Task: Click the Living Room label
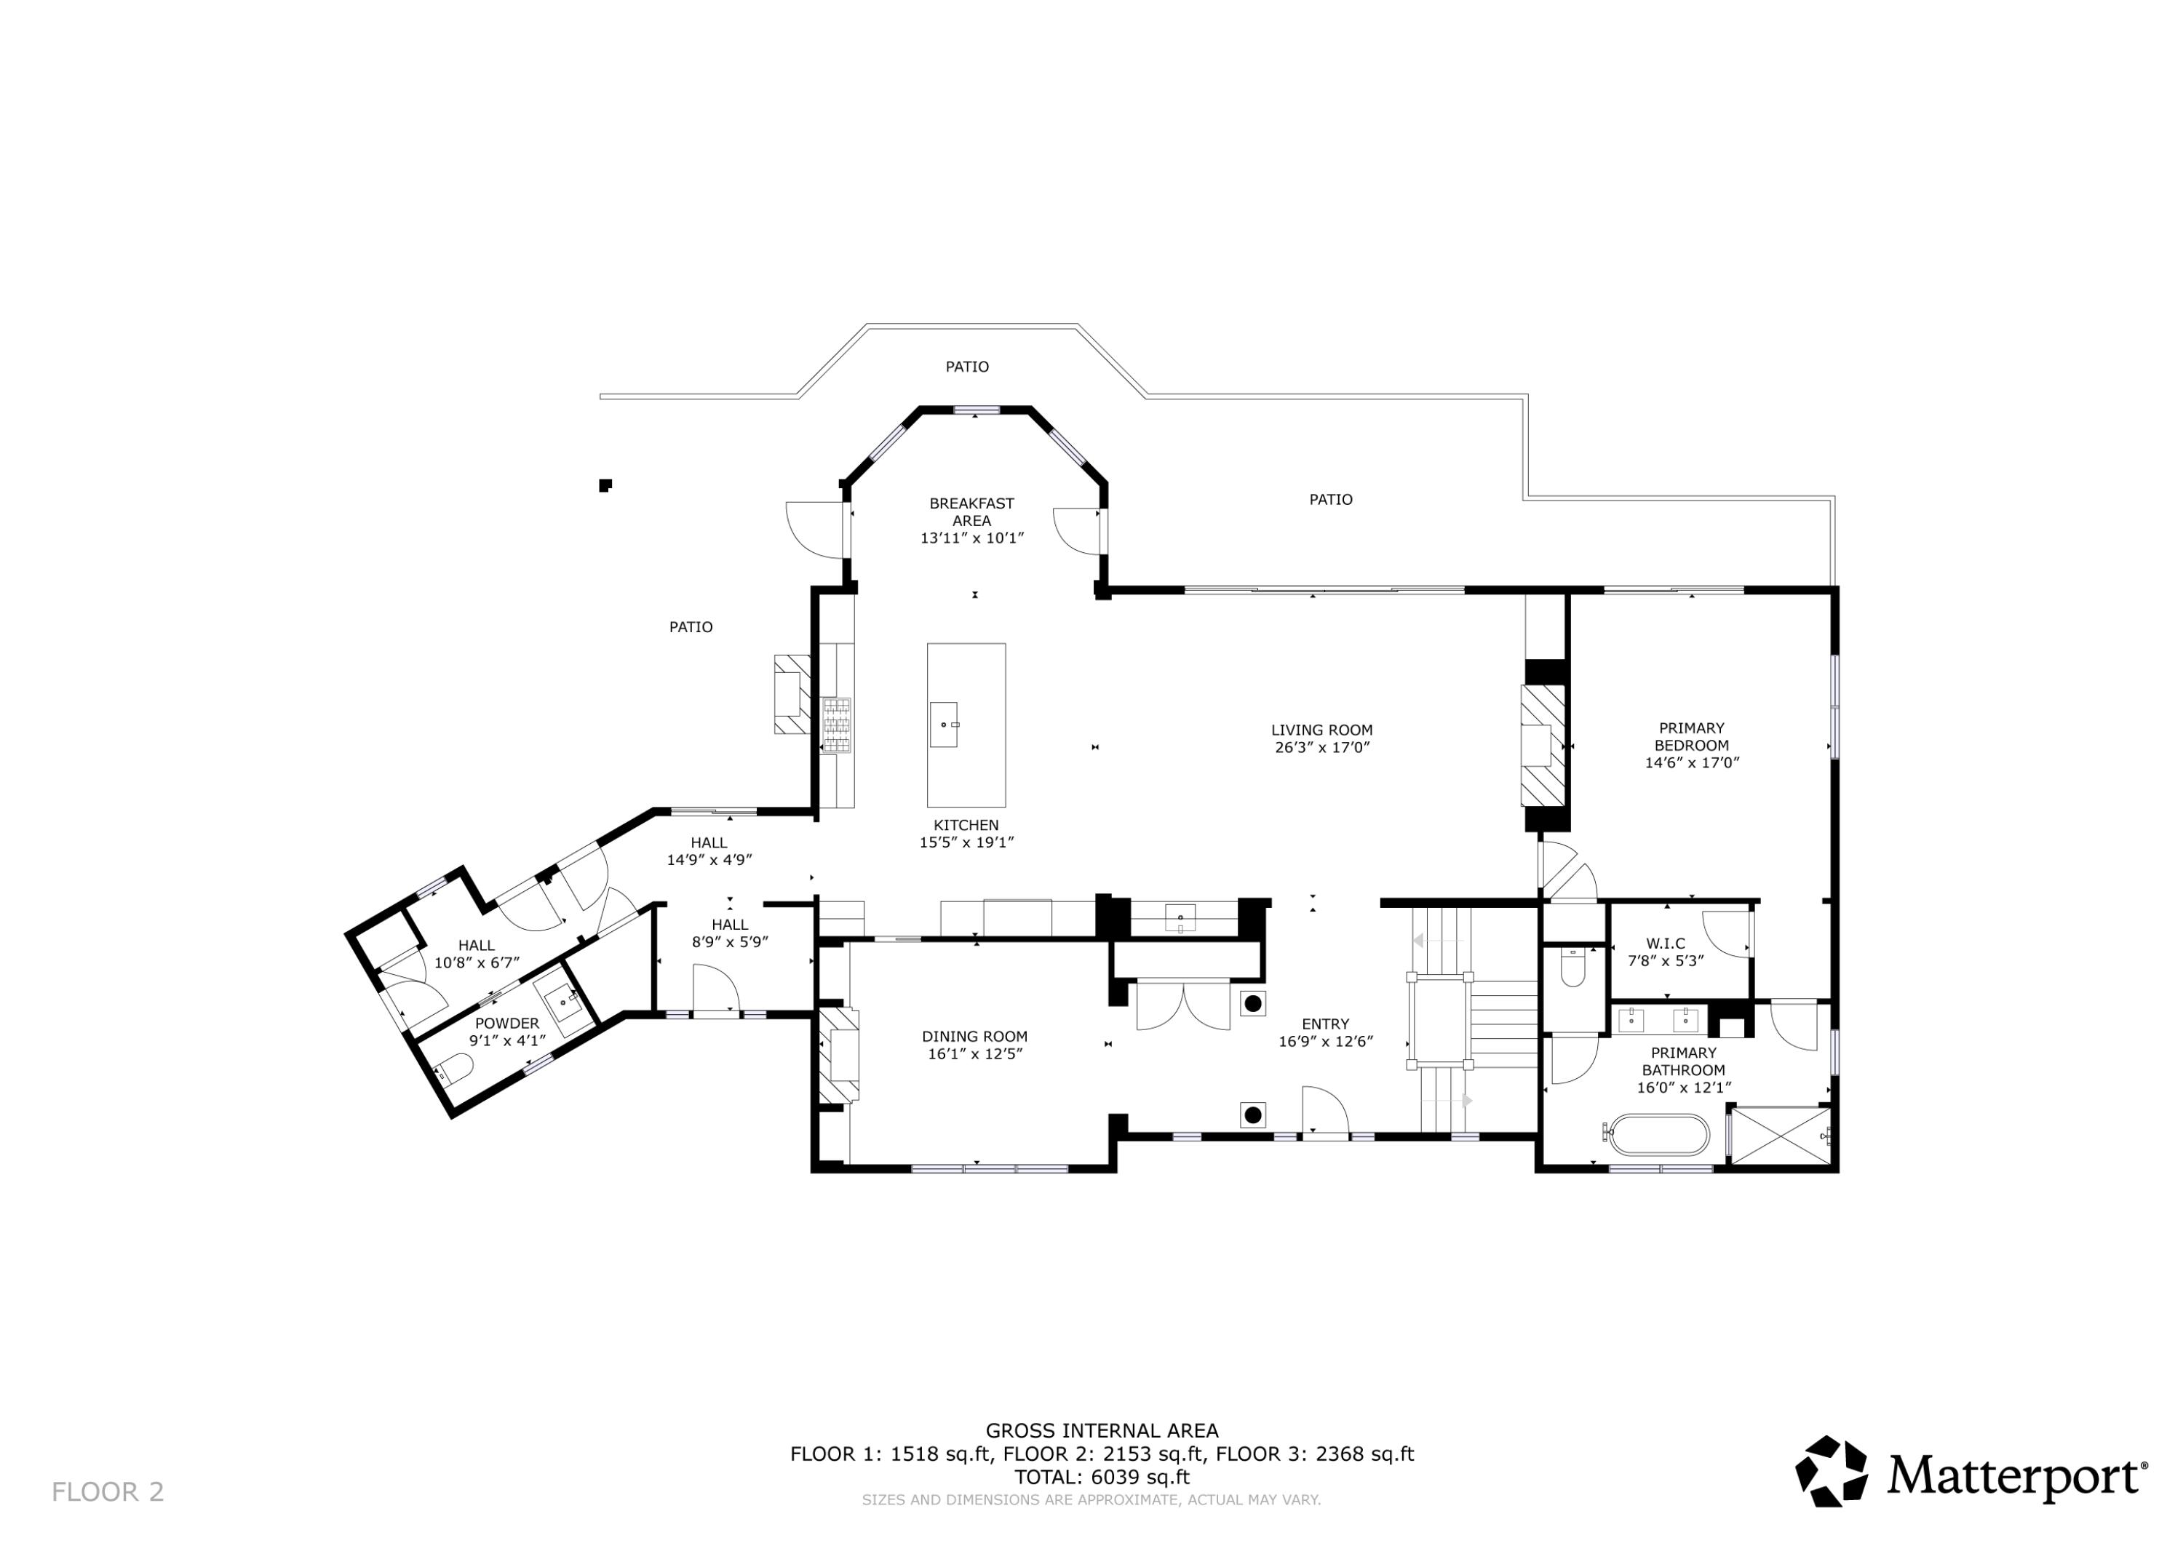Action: tap(1321, 730)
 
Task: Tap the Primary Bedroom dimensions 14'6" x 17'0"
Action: tap(1691, 762)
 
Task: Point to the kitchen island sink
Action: tap(943, 725)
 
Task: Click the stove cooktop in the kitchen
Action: tap(837, 725)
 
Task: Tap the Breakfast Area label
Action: tap(971, 511)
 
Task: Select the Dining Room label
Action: tap(974, 1036)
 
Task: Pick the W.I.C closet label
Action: tap(1665, 944)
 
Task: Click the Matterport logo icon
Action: tap(1830, 1472)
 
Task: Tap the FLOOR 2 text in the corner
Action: tap(108, 1491)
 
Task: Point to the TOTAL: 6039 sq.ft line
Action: tap(1101, 1478)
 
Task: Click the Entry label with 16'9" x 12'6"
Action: tap(1325, 1032)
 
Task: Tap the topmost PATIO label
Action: tap(967, 366)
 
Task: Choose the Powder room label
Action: tap(506, 1023)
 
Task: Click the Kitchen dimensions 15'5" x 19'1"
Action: tap(966, 842)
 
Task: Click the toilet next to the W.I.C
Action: tap(1572, 970)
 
